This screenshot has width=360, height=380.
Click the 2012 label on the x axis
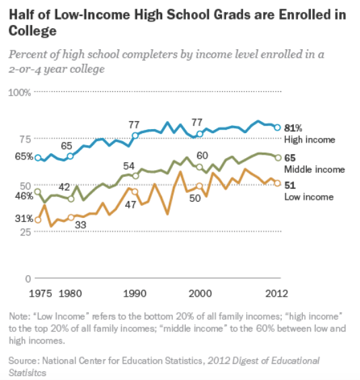click(x=277, y=293)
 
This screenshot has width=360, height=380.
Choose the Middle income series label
click(x=315, y=169)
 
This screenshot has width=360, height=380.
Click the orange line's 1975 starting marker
click(x=38, y=219)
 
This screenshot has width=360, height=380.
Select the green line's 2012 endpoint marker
click(x=278, y=157)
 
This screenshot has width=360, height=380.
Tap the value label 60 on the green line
click(x=202, y=155)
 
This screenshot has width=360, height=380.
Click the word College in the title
click(x=31, y=31)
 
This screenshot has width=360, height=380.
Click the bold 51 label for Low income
click(x=291, y=185)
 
